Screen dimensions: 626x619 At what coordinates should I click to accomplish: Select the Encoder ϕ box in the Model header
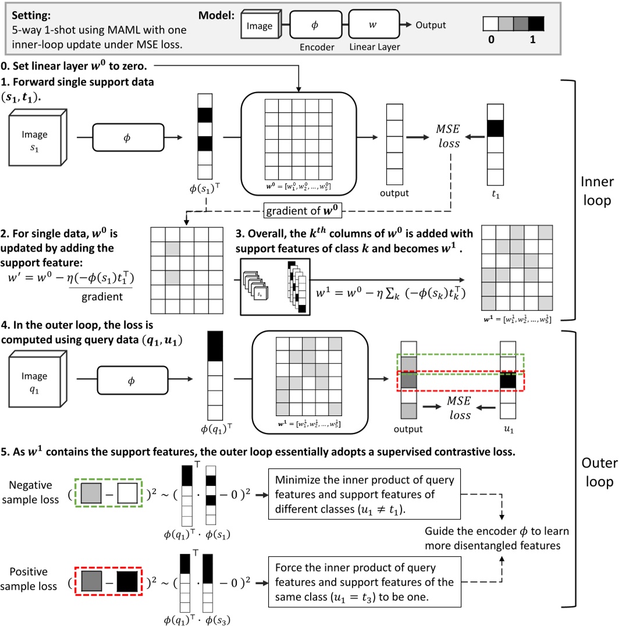(x=314, y=25)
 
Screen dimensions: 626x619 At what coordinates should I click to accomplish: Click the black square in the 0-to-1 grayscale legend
(x=536, y=24)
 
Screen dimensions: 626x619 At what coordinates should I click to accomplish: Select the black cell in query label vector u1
(x=508, y=382)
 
